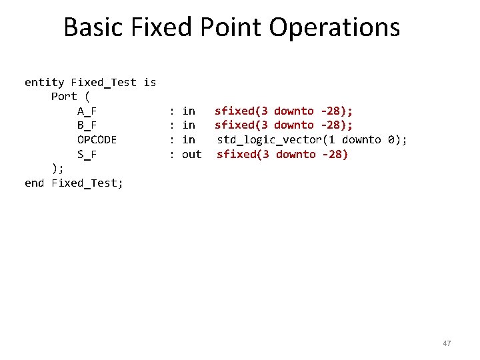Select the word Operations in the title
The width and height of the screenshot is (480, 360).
[335, 28]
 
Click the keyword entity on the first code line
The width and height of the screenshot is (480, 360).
[44, 83]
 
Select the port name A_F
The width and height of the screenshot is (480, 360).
[87, 111]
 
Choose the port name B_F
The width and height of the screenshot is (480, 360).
[87, 125]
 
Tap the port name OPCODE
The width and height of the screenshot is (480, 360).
[97, 140]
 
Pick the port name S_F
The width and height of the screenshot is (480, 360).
[87, 155]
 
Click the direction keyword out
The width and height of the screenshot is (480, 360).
[191, 155]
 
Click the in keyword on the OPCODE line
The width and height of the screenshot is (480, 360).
[189, 140]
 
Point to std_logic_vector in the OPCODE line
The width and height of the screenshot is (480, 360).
[270, 140]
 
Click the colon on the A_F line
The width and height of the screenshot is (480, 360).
[172, 111]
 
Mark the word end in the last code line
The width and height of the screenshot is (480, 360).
[34, 183]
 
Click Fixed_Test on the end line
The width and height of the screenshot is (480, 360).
[87, 183]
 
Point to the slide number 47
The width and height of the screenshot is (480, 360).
[447, 343]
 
